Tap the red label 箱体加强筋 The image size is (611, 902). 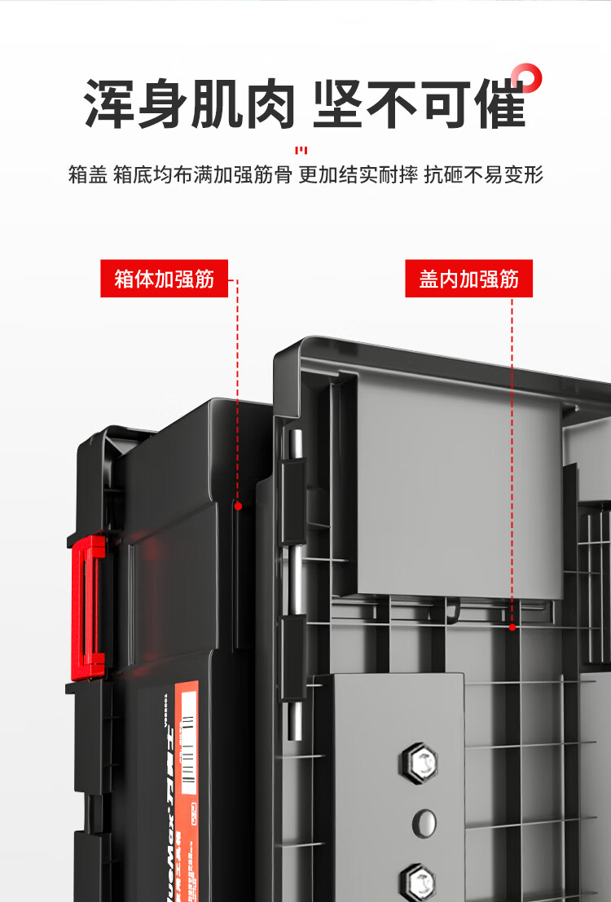coord(164,279)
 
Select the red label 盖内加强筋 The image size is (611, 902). coord(468,279)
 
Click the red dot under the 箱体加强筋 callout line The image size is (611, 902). coord(239,506)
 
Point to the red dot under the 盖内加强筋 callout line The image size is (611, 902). coord(512,627)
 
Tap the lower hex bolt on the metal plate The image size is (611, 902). coord(418,880)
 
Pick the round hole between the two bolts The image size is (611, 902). coord(424,822)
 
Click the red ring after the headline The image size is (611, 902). coord(530,79)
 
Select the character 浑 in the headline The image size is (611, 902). coord(110,104)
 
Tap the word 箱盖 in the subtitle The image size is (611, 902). coord(88,174)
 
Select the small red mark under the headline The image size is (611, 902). coord(301,150)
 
